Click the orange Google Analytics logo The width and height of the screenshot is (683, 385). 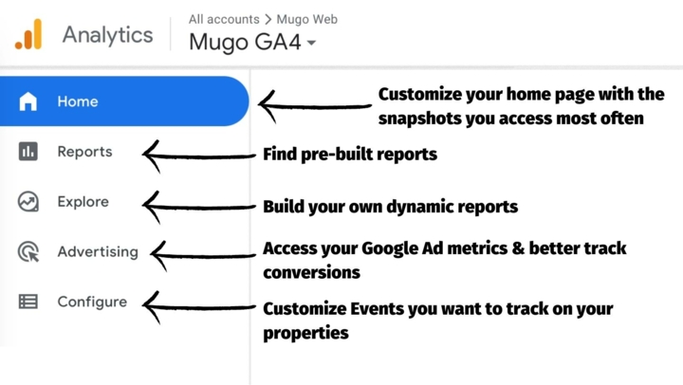(28, 34)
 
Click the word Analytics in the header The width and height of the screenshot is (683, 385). (107, 35)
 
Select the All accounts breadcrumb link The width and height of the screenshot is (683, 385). (224, 19)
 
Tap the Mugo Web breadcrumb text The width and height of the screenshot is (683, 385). (307, 19)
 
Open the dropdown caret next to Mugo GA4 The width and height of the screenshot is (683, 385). (311, 43)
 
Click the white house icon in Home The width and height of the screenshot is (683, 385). (28, 101)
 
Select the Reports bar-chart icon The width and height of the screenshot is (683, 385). (28, 152)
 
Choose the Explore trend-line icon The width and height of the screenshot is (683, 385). (28, 202)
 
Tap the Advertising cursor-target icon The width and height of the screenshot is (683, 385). (28, 251)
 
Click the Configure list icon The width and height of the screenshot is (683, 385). (28, 302)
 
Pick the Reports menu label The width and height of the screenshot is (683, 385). (85, 152)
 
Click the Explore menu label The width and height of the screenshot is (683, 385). (83, 202)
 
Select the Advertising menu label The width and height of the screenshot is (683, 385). (98, 251)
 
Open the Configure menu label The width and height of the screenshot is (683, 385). (92, 302)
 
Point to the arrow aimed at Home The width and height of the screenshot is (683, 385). (315, 106)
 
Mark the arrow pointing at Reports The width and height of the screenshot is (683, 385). (199, 156)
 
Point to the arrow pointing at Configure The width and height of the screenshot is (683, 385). (199, 307)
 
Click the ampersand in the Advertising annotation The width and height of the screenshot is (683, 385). (518, 248)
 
